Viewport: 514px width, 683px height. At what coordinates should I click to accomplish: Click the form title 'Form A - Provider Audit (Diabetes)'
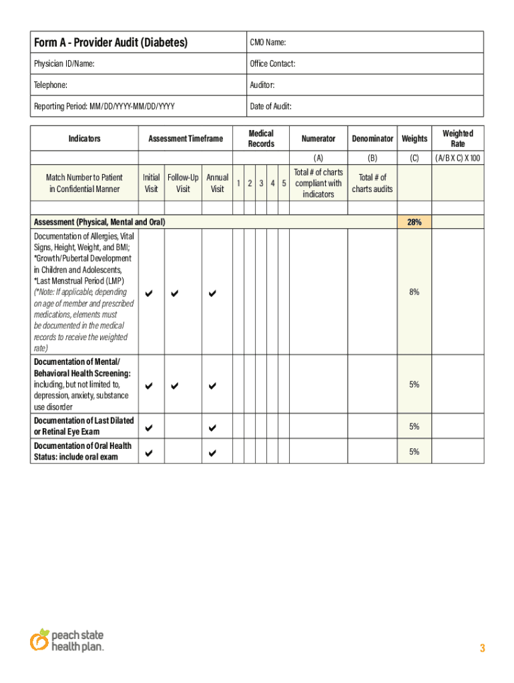tap(111, 43)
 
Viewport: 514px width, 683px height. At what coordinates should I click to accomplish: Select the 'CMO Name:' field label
tap(268, 43)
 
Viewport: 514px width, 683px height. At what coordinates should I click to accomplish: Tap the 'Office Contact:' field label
tap(272, 64)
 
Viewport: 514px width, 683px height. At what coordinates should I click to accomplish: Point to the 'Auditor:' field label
tap(262, 85)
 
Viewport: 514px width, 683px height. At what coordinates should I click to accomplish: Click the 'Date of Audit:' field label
tap(270, 107)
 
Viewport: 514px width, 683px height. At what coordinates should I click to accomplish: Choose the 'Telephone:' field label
tap(50, 85)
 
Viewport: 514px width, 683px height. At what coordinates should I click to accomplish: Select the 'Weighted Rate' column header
tap(457, 139)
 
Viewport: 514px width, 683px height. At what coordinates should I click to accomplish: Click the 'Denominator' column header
tap(372, 139)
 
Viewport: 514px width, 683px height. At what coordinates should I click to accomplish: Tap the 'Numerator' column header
tap(318, 139)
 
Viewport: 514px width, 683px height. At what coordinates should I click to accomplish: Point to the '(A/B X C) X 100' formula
tap(457, 158)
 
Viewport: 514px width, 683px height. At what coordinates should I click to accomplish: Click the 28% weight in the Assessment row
tap(414, 222)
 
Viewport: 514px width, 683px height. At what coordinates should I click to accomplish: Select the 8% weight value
tap(414, 292)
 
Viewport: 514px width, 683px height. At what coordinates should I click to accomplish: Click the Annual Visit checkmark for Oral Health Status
tap(213, 453)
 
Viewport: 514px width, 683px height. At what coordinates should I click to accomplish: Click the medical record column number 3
tap(261, 183)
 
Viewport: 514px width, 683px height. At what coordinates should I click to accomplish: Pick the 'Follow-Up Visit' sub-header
tap(183, 183)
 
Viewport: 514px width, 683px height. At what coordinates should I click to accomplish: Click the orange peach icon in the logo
tap(39, 640)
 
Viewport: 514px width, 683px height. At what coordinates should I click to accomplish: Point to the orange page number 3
tap(482, 648)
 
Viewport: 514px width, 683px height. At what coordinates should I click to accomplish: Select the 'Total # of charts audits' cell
tap(372, 183)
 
